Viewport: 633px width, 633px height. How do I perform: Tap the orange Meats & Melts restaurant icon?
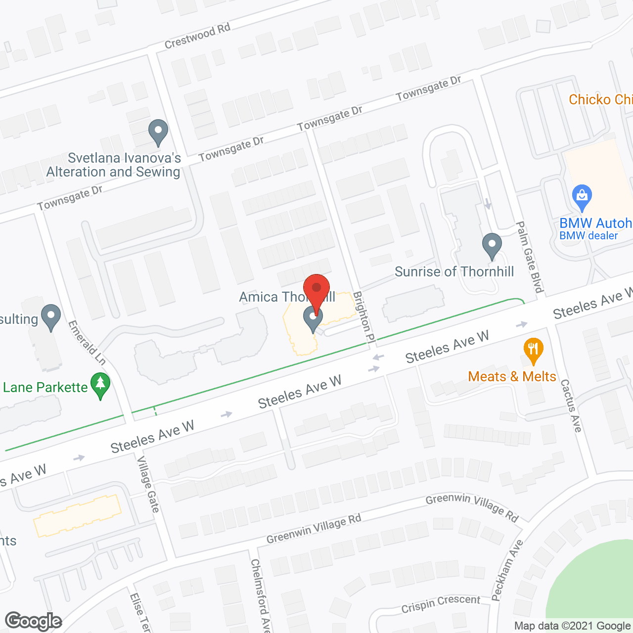click(x=533, y=350)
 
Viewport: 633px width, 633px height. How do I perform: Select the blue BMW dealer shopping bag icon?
click(x=582, y=198)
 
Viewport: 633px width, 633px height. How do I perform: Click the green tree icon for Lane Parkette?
click(x=100, y=386)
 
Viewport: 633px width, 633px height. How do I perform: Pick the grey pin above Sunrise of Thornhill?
click(x=492, y=246)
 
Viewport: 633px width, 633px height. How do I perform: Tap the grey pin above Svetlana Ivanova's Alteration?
click(x=158, y=133)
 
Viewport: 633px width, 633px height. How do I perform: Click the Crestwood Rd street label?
click(x=197, y=36)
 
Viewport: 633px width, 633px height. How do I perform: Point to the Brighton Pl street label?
click(x=364, y=317)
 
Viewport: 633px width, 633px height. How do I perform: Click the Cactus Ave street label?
click(x=571, y=405)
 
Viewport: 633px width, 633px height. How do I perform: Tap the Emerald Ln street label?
click(x=87, y=343)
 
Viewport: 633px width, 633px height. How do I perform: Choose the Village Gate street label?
click(x=148, y=485)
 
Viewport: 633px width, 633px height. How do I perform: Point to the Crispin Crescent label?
click(x=441, y=603)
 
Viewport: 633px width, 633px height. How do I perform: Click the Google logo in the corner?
click(x=34, y=621)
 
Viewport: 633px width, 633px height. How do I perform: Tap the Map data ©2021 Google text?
click(x=572, y=626)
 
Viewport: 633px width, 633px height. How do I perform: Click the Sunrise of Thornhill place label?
click(x=454, y=271)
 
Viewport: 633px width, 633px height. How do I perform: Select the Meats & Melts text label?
click(x=512, y=376)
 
